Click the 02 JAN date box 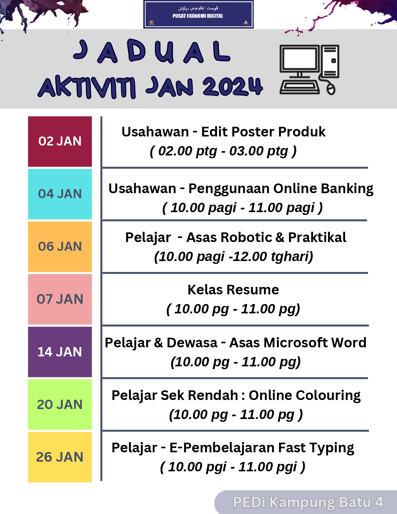coord(60,141)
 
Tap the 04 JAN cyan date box coord(60,194)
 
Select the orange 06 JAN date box coord(60,247)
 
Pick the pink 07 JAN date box coord(60,299)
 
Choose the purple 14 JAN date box coord(60,352)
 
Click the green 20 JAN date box coord(60,404)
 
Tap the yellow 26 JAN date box coord(60,457)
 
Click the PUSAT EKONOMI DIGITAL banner coord(198,14)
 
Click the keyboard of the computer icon coord(300,87)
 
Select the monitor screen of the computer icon coord(299,59)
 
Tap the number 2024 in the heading coord(233,87)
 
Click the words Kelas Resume coord(233,290)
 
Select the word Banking coord(347,189)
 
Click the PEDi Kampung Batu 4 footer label coord(308,502)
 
